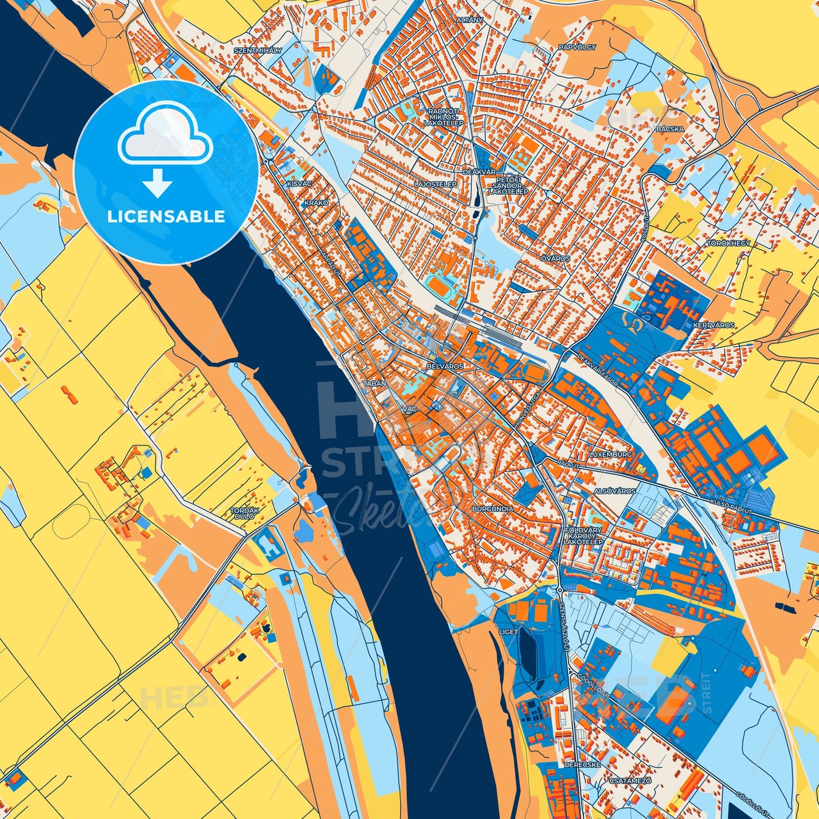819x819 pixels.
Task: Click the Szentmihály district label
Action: [x=258, y=50]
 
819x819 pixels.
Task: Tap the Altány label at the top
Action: [x=470, y=20]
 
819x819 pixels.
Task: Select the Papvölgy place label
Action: [x=577, y=47]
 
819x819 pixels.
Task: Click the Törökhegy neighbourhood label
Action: [x=728, y=243]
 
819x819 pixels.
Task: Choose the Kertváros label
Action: [x=714, y=325]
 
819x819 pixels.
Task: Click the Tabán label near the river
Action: [x=374, y=384]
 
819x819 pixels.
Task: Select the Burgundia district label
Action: [x=493, y=509]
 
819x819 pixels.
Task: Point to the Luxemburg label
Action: [x=610, y=455]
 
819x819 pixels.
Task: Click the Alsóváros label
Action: [x=615, y=491]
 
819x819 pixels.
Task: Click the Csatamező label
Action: [x=631, y=780]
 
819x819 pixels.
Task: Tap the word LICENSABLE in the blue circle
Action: [x=166, y=217]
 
